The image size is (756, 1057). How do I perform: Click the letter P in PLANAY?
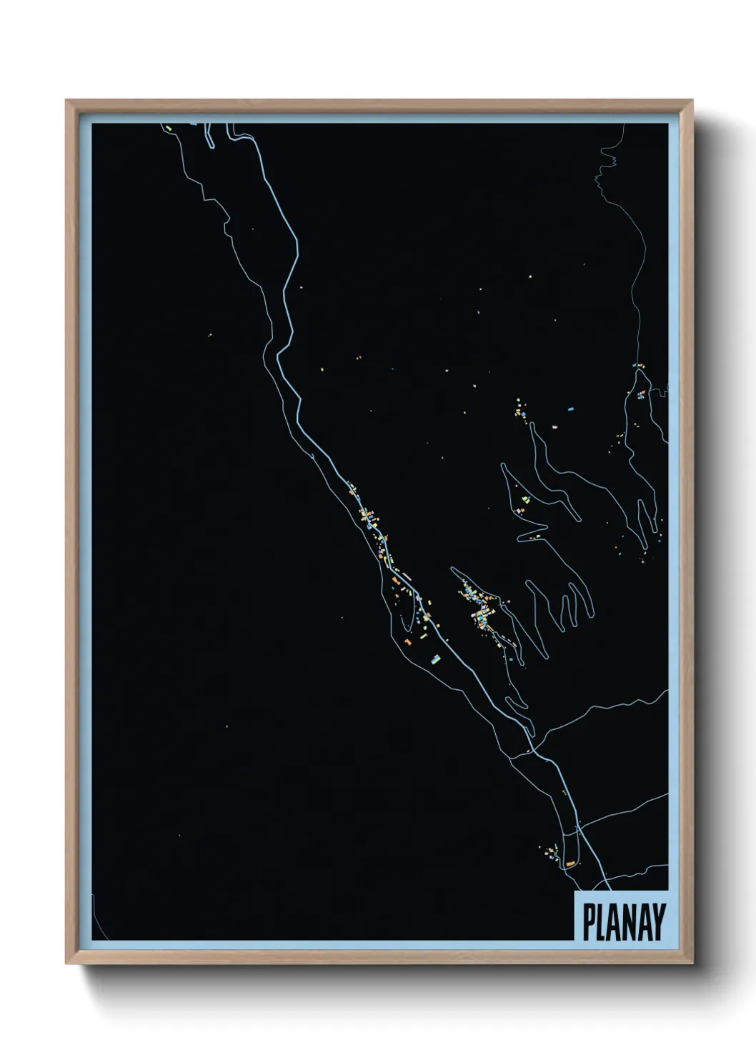590,922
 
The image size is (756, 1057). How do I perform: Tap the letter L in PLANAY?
602,922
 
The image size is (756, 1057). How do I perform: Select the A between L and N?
616,922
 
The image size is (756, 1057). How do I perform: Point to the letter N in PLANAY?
631,922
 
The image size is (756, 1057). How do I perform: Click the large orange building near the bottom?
570,864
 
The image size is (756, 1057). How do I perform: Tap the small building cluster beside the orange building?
552,851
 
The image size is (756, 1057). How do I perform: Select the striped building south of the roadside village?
434,657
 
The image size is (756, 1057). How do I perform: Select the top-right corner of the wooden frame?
692,101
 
